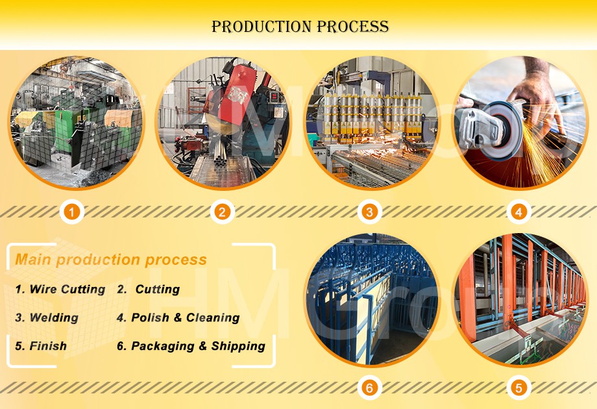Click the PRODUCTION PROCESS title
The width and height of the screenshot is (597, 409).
click(300, 27)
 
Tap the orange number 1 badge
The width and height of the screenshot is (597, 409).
click(73, 212)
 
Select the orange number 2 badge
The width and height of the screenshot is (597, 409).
click(222, 212)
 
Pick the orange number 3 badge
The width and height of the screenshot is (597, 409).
click(369, 212)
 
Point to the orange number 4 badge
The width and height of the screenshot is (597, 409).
click(518, 212)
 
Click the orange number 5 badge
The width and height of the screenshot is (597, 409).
click(518, 388)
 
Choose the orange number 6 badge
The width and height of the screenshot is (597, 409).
click(369, 388)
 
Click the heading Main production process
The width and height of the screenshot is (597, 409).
click(111, 260)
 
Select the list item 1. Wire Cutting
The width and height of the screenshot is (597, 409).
click(60, 290)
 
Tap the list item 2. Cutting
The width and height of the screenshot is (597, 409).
click(149, 290)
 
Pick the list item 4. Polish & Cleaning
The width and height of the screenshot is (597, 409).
click(178, 318)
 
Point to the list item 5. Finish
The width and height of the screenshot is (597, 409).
click(40, 346)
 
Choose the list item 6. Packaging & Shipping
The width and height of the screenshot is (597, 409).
click(191, 346)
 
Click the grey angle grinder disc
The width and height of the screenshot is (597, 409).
click(493, 127)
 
